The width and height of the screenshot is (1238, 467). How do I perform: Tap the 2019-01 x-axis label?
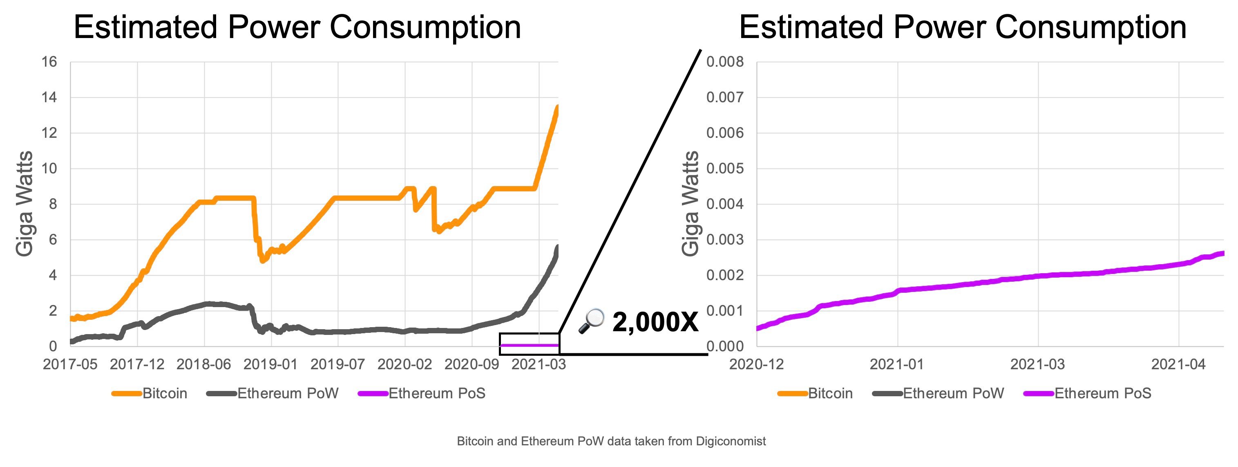pos(270,364)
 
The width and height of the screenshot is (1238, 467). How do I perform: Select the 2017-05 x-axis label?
pos(70,364)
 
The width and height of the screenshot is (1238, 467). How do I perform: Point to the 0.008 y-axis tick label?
pos(725,62)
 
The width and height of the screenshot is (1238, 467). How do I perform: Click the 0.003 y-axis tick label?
pos(725,240)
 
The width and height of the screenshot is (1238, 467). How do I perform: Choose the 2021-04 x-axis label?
pos(1178,364)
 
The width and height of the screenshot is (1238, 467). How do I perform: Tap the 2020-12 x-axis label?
pos(756,364)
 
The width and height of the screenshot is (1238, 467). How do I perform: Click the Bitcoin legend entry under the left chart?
pos(164,393)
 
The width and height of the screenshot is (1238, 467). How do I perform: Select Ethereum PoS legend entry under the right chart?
pos(1102,393)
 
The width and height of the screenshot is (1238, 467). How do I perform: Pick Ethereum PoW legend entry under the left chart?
pos(287,393)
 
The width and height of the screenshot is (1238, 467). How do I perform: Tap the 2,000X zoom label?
pos(655,322)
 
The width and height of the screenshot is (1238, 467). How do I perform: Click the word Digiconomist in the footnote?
pos(731,441)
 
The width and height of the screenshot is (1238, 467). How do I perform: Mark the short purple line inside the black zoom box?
pos(529,345)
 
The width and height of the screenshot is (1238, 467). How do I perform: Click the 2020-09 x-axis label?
pos(472,364)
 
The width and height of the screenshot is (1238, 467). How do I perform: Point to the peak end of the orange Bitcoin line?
pos(557,107)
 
